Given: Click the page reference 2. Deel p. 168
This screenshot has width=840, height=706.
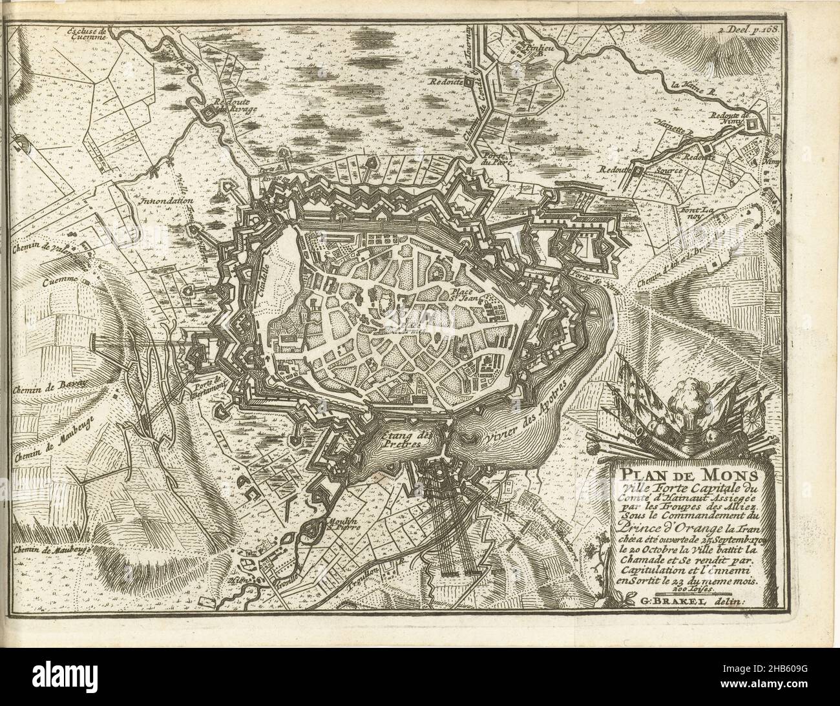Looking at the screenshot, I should [748, 29].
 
